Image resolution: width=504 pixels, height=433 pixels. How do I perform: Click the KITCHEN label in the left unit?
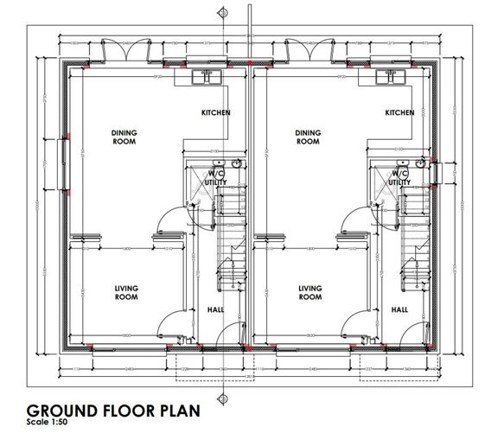(x=216, y=113)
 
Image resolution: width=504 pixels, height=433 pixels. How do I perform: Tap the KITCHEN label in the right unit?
(x=400, y=113)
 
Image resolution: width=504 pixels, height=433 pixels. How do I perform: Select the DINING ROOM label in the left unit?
(x=124, y=137)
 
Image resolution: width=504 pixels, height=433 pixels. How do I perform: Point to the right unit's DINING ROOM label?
(x=308, y=137)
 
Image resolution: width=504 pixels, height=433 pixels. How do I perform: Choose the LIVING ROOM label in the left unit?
(x=126, y=293)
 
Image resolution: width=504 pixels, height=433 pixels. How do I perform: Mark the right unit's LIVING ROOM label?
(x=309, y=293)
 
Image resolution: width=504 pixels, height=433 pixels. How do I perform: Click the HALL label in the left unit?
(x=215, y=309)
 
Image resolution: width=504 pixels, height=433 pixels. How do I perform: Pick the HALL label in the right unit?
(x=399, y=309)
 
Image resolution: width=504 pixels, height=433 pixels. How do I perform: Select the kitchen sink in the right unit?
(x=391, y=77)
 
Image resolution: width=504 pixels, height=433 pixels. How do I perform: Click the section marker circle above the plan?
(x=223, y=13)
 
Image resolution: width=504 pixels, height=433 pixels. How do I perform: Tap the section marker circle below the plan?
(x=223, y=398)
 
